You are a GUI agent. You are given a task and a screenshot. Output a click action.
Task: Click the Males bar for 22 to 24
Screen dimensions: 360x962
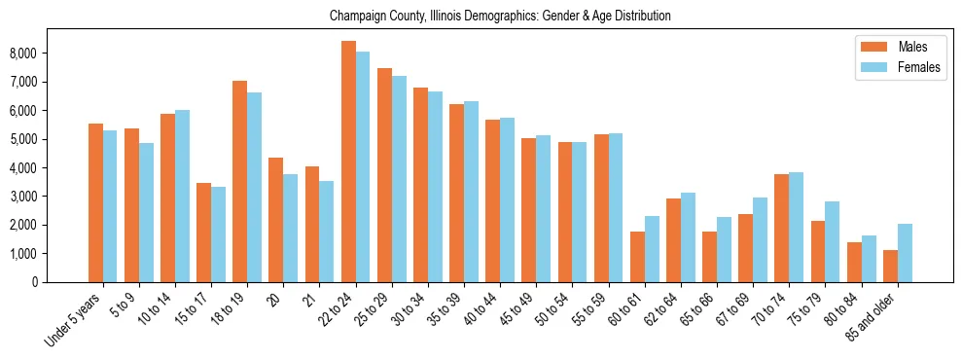[348, 162]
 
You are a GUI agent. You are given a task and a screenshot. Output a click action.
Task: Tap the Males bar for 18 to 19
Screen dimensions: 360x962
[239, 181]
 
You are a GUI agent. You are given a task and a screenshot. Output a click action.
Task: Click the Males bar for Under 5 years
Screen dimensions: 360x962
[95, 202]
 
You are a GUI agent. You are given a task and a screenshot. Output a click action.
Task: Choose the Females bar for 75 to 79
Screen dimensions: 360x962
[832, 241]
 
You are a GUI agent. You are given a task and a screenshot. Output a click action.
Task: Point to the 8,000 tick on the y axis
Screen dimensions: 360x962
[51, 53]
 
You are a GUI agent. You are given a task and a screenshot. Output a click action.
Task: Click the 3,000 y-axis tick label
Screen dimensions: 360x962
[51, 197]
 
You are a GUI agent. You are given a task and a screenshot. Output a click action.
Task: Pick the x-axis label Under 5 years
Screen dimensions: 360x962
[73, 322]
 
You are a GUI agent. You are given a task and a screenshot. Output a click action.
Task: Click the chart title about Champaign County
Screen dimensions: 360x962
[500, 17]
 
